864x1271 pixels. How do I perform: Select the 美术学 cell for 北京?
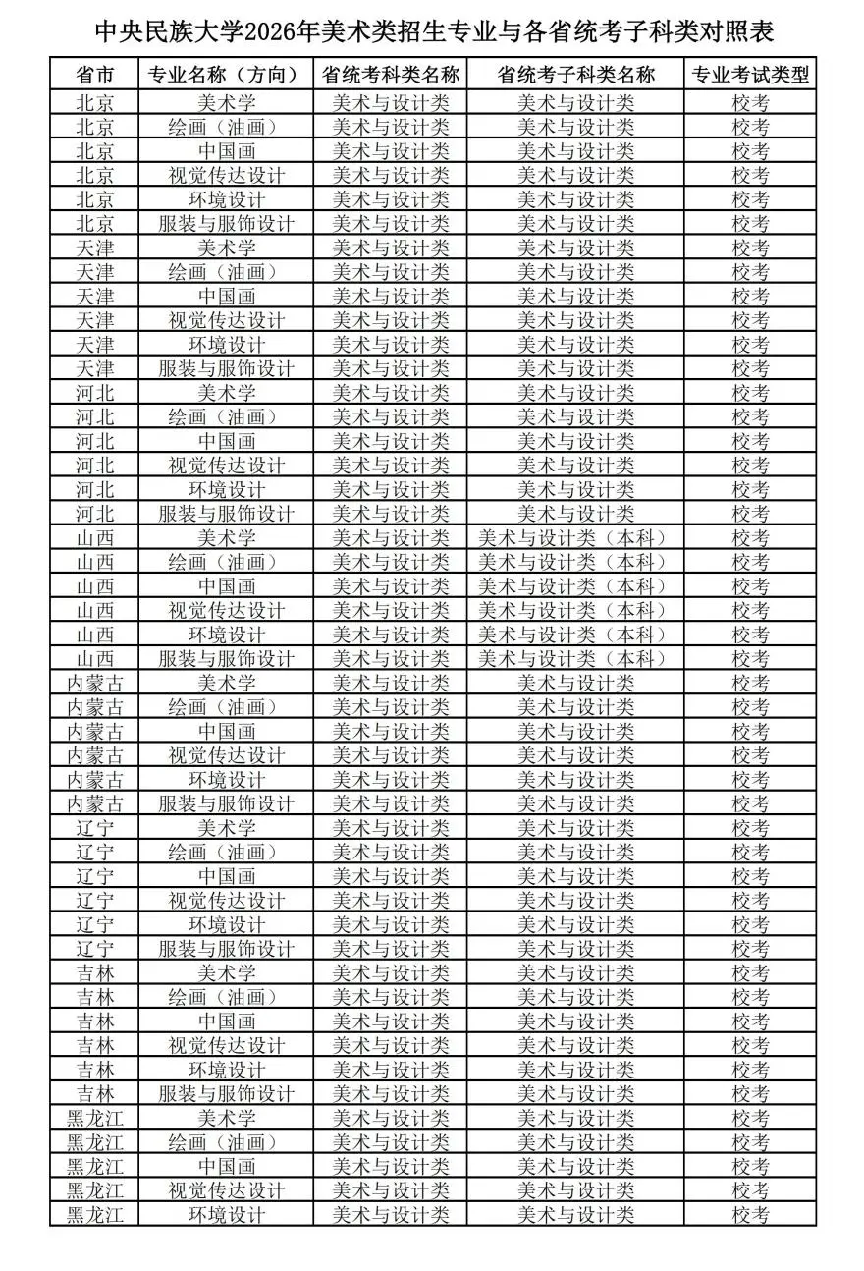(x=226, y=102)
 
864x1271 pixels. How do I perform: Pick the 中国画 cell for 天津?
(x=226, y=296)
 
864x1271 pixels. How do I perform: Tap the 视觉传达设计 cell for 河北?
(x=226, y=465)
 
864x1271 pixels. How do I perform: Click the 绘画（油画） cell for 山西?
(x=226, y=562)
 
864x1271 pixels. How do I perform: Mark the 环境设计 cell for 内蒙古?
(x=226, y=779)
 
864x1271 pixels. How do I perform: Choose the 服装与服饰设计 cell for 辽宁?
(x=226, y=949)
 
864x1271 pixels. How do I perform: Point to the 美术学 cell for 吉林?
(x=226, y=972)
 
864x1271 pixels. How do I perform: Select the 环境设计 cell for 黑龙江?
(x=226, y=1214)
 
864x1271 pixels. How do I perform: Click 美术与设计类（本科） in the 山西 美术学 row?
(x=575, y=537)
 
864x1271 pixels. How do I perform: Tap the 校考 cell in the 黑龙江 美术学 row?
(x=750, y=1118)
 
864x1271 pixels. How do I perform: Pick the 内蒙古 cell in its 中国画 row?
(x=94, y=731)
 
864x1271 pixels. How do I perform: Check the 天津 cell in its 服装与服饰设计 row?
(x=94, y=368)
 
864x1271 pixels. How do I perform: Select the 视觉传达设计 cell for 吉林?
(x=226, y=1045)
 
